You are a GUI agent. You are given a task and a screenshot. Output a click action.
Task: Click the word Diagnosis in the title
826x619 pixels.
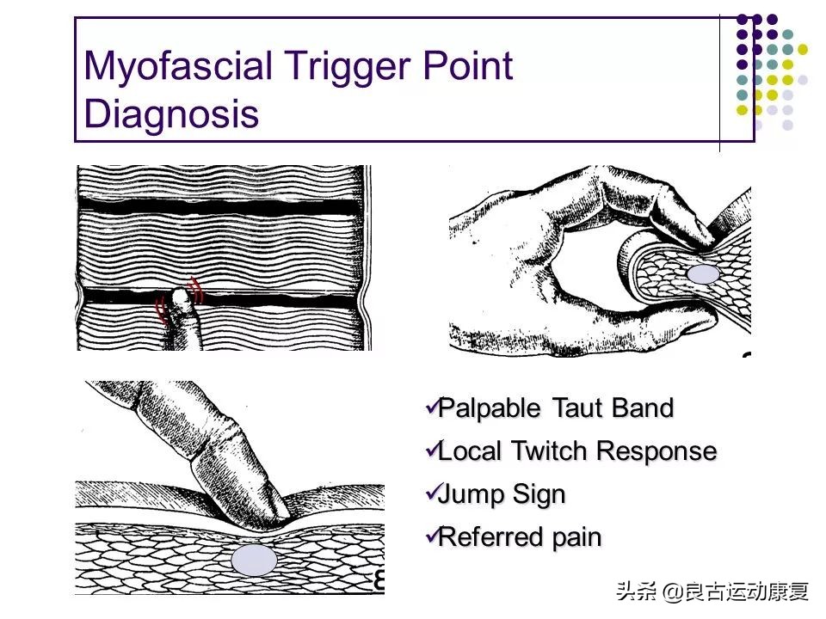(171, 113)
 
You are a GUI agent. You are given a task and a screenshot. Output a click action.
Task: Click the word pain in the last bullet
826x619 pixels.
(577, 537)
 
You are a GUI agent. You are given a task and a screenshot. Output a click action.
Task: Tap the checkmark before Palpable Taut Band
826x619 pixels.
(431, 406)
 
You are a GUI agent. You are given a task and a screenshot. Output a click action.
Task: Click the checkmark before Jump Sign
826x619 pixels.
(431, 492)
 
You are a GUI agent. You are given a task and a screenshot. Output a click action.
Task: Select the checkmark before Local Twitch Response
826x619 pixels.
(431, 449)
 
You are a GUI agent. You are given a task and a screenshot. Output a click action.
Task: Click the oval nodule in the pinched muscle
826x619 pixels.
(705, 274)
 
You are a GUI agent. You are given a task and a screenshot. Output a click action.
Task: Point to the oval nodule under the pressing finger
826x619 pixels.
(255, 561)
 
